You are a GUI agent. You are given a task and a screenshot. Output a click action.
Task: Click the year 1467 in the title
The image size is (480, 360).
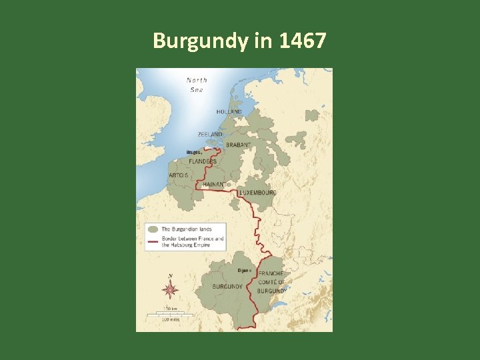(303, 41)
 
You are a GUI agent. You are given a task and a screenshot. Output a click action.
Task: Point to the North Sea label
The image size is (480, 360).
(196, 85)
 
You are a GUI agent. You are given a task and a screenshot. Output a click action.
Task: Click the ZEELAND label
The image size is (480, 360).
(210, 134)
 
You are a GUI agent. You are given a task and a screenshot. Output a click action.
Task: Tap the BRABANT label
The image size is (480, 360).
(239, 145)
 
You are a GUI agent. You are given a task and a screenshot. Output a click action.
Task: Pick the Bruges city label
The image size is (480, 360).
(195, 153)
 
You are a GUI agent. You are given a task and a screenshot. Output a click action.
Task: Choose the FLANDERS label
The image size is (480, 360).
(203, 161)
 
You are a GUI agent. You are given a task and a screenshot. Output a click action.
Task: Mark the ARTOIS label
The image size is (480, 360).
(178, 175)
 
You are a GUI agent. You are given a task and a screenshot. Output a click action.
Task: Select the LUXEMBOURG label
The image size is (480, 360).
(257, 192)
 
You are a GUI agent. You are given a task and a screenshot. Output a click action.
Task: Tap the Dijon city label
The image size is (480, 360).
(245, 271)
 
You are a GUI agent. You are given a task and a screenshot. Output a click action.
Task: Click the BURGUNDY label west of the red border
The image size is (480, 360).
(227, 287)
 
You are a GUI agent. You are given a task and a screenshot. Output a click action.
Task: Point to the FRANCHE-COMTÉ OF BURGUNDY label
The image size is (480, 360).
(271, 282)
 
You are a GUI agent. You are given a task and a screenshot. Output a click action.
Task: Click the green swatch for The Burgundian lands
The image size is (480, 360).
(153, 229)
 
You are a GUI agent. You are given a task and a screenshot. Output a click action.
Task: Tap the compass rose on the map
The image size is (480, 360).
(171, 289)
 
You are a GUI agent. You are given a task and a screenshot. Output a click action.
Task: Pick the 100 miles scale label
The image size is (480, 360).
(170, 319)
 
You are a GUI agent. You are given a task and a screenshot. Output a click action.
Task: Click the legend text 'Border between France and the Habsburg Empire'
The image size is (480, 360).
(193, 241)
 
